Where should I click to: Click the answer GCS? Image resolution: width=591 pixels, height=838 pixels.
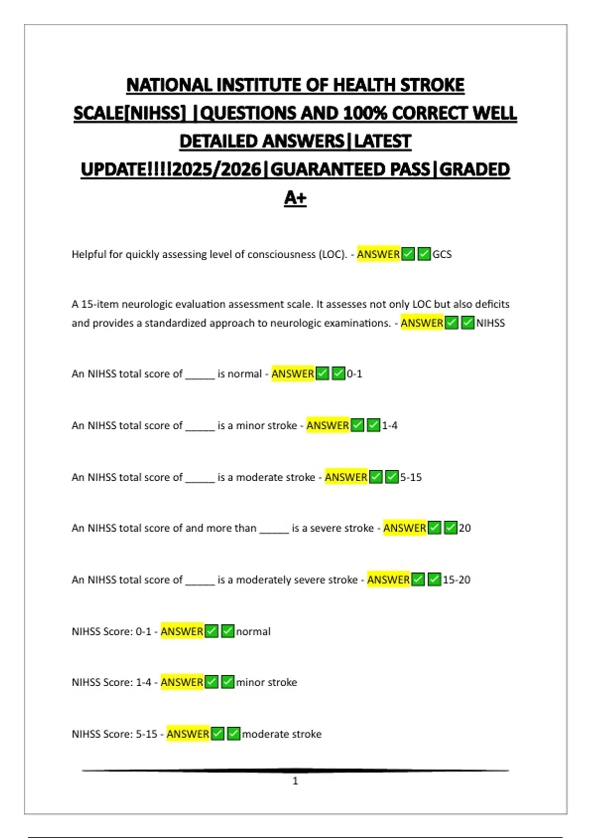pos(442,254)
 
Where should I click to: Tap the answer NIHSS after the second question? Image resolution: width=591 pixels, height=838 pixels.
pos(490,323)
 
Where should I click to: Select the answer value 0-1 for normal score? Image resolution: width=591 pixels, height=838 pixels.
pos(354,374)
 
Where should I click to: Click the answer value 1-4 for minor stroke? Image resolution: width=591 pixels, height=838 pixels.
pos(390,425)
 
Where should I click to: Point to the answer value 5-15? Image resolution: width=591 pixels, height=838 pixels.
pos(411,477)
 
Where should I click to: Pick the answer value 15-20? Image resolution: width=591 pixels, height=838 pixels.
pos(456,580)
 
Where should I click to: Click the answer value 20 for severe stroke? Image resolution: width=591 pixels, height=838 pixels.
pos(464,528)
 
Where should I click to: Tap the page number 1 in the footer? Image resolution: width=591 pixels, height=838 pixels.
pos(295,781)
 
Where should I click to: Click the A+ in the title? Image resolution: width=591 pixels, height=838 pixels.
pos(295,198)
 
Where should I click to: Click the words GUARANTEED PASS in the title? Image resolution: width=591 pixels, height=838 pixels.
pos(350,170)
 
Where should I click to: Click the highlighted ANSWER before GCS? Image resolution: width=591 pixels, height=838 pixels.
pos(378,254)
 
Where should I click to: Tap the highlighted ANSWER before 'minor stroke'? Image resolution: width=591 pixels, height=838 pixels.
pos(182,682)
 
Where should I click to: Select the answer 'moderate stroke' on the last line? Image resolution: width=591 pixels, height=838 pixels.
pos(281,734)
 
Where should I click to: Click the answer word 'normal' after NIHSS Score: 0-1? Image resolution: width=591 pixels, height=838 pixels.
pos(253,631)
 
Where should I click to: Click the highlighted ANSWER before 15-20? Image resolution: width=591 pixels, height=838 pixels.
pos(388,580)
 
